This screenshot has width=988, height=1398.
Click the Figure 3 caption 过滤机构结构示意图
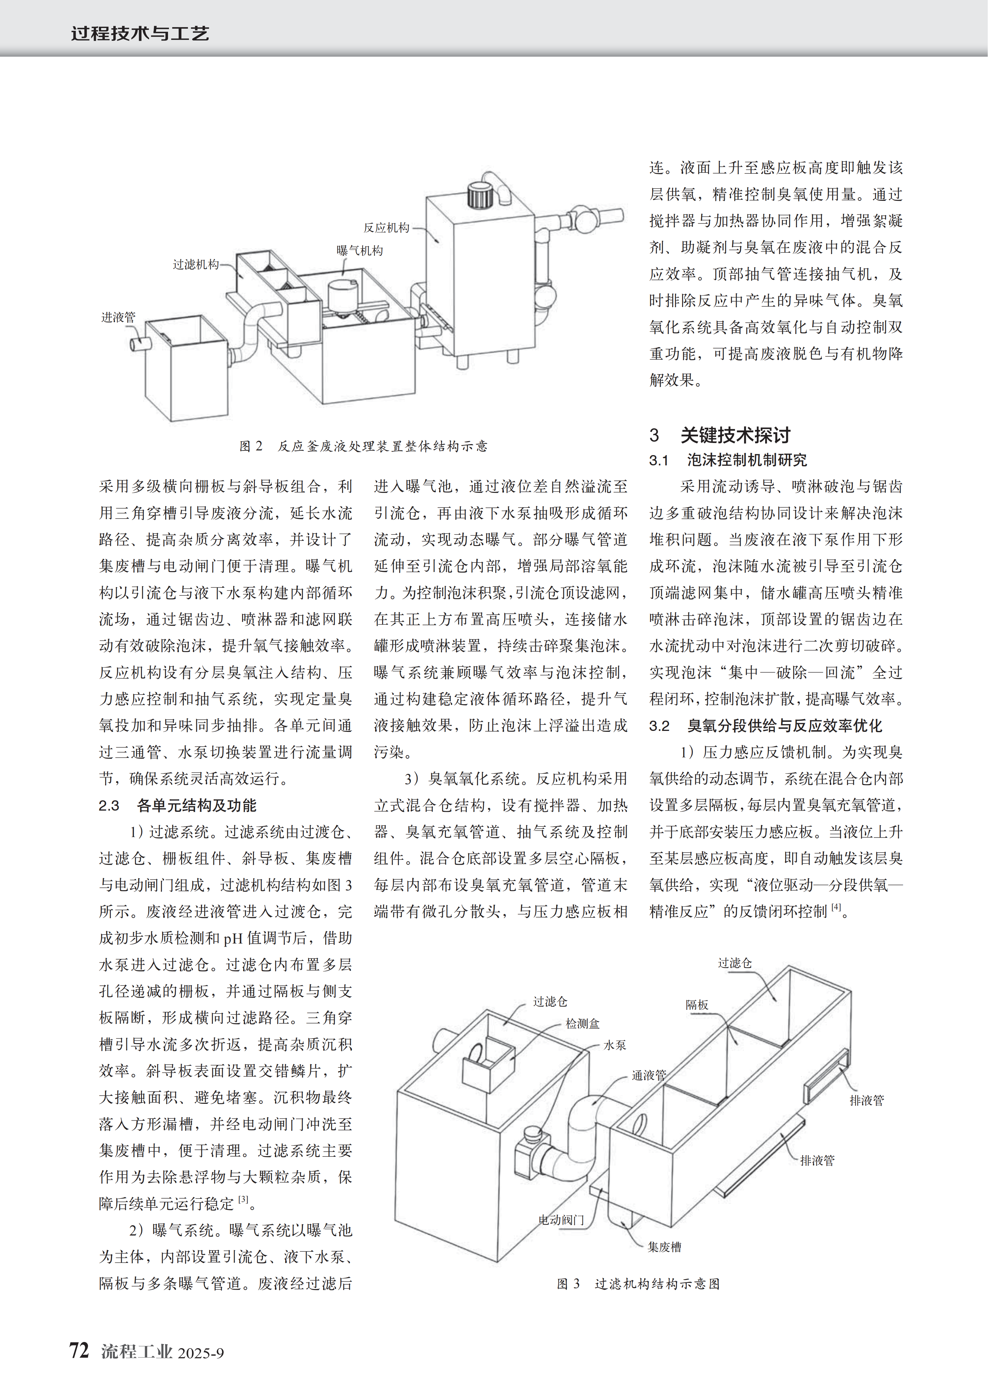coord(639,1283)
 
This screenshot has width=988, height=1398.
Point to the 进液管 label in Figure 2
coord(118,317)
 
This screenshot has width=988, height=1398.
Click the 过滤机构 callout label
coord(195,264)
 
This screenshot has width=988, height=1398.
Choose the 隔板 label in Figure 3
coord(697,1005)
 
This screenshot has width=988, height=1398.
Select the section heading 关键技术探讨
coord(735,435)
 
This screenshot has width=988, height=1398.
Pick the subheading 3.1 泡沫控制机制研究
coord(728,460)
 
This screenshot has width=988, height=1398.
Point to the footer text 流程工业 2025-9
coord(162,1352)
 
